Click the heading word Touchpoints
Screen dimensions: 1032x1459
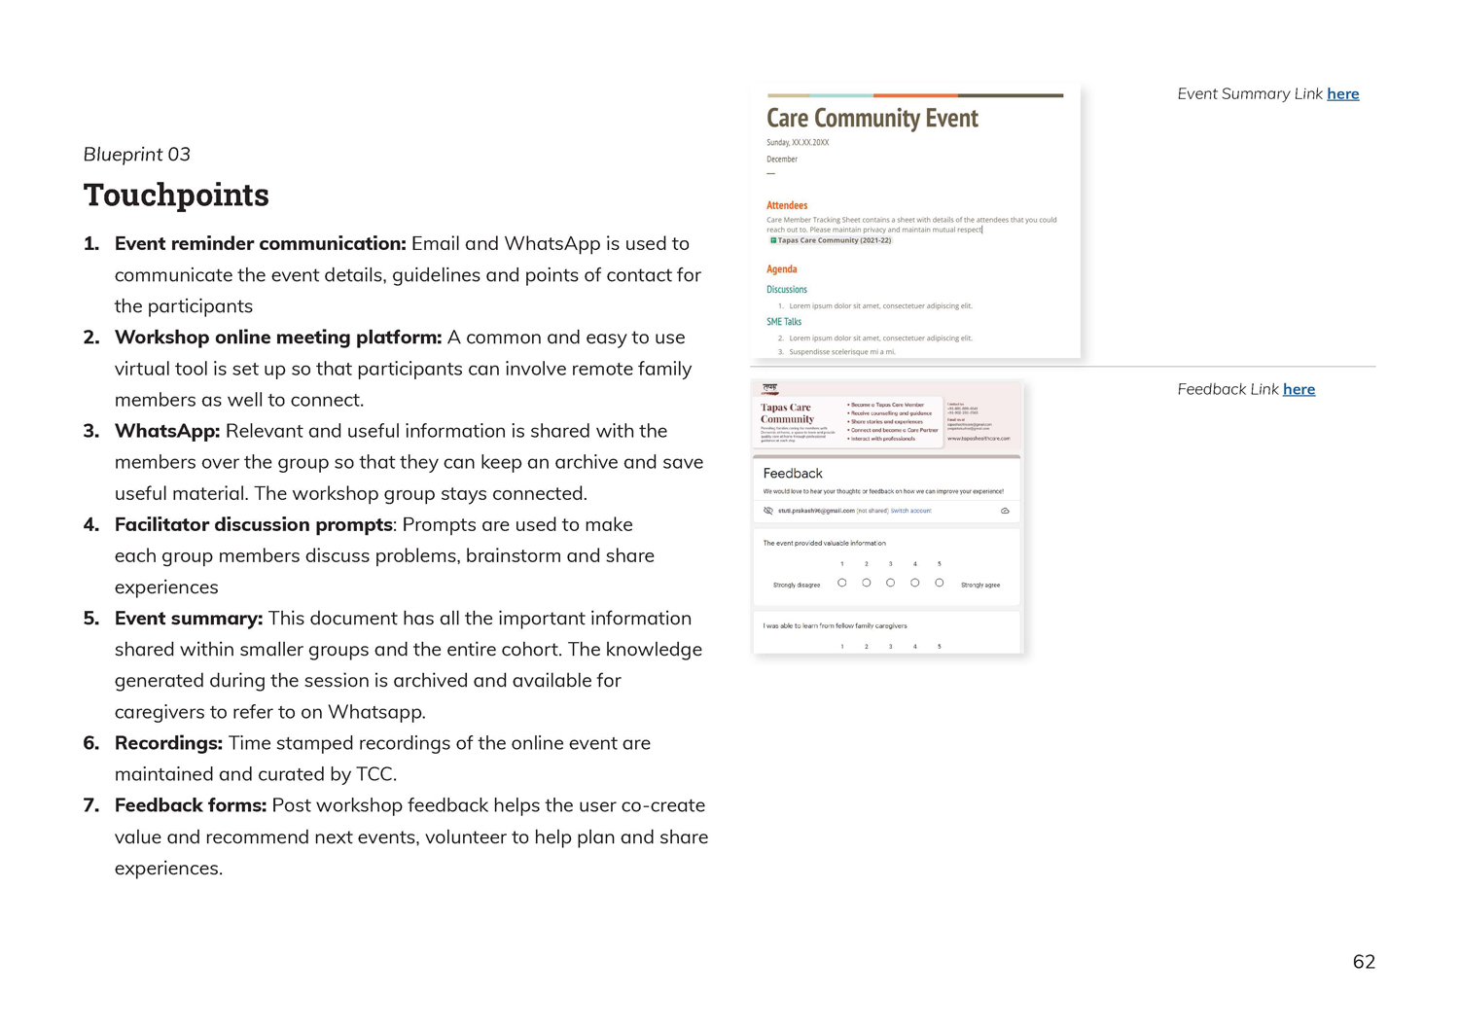[176, 195]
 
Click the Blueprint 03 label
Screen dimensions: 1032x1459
[136, 154]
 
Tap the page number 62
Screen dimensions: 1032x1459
[1364, 961]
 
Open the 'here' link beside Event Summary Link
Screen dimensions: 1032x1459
[1342, 93]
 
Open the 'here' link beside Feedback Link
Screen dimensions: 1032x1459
[1299, 389]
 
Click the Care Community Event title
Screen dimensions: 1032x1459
[872, 118]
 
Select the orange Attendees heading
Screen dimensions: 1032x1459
[787, 205]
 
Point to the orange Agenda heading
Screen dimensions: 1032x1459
[781, 269]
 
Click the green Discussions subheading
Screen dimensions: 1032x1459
[786, 289]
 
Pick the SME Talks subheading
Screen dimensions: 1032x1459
[783, 321]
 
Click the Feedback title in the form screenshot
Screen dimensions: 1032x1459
[793, 474]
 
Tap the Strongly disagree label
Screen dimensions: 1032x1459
[796, 585]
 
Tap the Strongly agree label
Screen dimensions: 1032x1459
[979, 585]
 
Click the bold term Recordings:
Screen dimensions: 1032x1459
[168, 743]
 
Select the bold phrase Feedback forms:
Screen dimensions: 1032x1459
[190, 805]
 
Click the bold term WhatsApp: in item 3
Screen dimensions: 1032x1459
[167, 431]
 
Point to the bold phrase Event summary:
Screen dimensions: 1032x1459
[189, 619]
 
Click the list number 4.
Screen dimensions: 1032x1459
[91, 525]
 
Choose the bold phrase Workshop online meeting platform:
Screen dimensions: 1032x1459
[278, 338]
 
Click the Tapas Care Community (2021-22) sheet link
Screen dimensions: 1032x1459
[834, 240]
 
